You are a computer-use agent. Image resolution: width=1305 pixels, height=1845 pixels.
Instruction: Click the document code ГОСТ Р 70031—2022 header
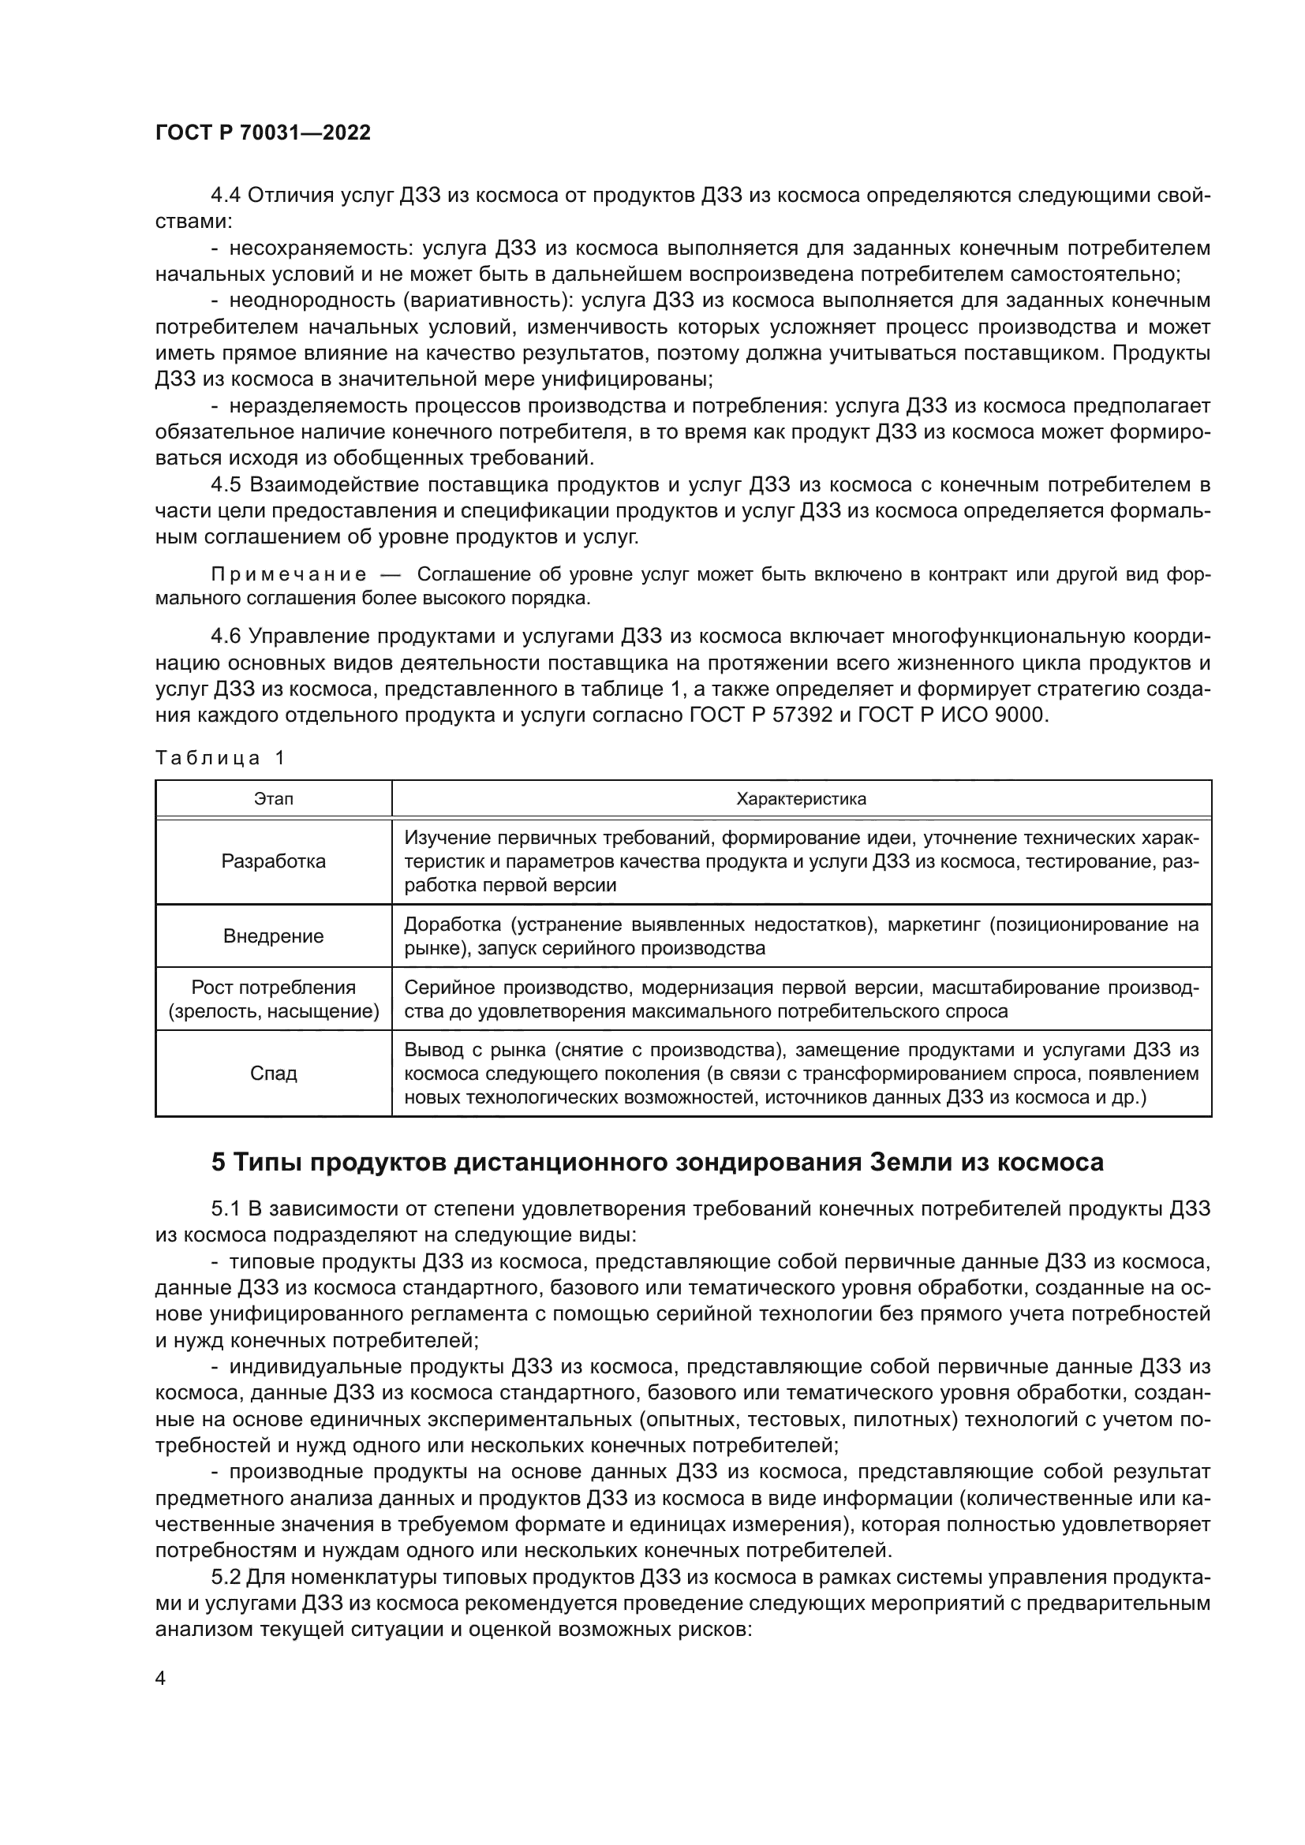(263, 133)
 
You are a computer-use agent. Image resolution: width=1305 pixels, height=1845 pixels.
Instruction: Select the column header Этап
(273, 799)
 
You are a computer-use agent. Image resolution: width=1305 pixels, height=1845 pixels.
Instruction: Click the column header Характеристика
(801, 799)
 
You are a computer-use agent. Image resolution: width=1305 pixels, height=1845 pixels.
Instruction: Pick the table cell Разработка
(273, 861)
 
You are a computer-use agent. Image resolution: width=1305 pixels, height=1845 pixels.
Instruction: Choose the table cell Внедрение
(273, 936)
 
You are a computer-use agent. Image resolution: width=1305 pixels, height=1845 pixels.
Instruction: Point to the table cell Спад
(273, 1074)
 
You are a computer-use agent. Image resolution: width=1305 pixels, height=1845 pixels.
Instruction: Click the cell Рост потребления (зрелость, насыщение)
(273, 999)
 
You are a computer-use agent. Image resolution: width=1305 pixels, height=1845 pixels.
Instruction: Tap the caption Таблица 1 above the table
(220, 758)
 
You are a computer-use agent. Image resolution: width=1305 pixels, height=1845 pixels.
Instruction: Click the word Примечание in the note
(289, 574)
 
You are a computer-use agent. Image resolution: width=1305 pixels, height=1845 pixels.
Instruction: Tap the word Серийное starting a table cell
(443, 988)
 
